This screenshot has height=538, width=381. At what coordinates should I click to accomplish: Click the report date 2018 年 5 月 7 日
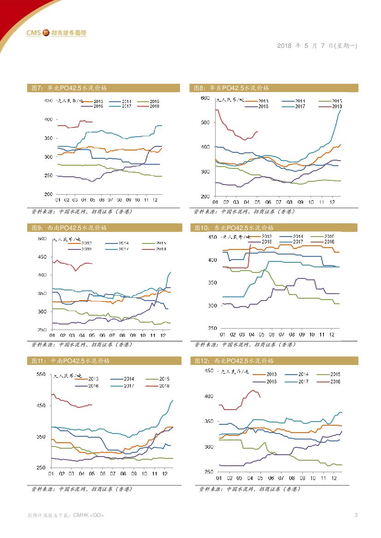pos(317,46)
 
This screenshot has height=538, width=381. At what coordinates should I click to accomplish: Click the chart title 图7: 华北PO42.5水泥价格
pos(69,88)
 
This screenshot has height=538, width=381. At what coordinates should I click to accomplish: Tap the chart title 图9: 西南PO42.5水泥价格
pos(69,228)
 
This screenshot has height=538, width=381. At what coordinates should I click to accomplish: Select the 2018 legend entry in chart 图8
pos(330,106)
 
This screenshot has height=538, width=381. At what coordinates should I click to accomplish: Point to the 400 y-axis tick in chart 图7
pos(48,119)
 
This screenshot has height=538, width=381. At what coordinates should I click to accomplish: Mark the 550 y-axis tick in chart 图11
pos(41,375)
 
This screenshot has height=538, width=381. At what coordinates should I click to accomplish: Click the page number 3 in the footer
pos(356,515)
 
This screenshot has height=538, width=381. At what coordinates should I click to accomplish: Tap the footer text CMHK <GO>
pos(88,515)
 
